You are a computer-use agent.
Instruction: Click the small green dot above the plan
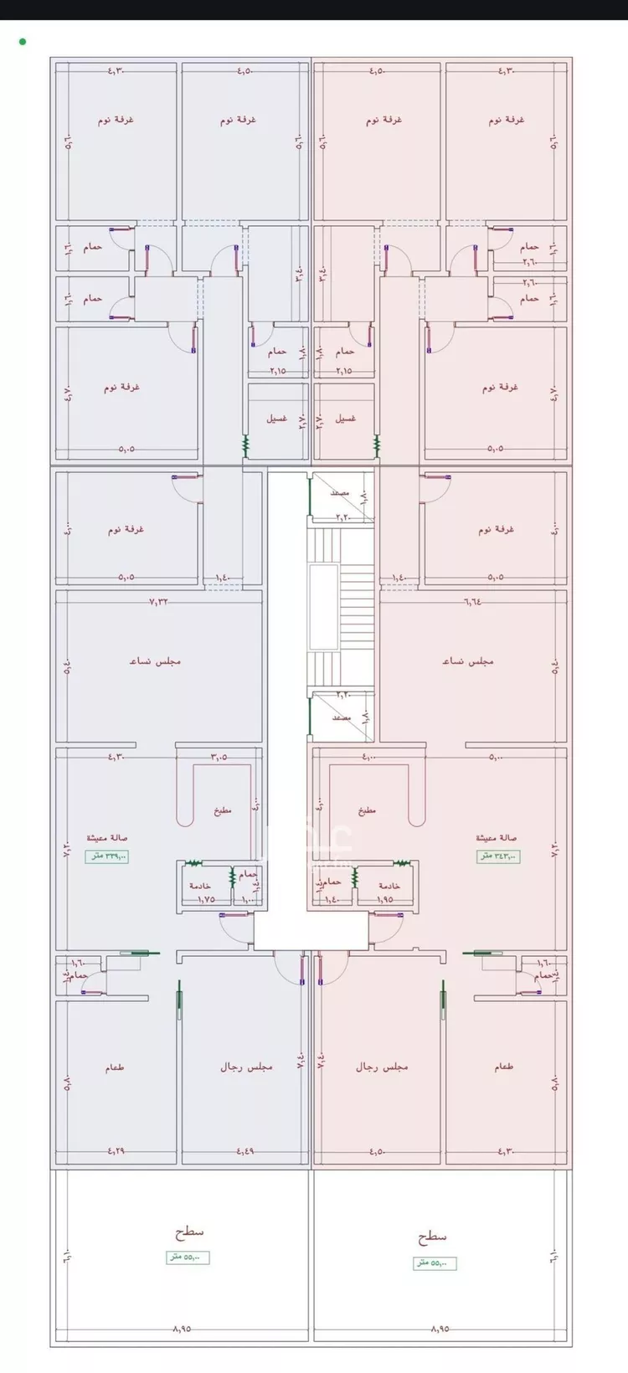22,41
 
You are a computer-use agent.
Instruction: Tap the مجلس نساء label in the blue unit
155,661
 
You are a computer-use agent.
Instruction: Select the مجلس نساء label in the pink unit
468,661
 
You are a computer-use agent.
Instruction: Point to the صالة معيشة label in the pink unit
497,837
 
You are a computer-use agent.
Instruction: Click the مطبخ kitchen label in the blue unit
222,810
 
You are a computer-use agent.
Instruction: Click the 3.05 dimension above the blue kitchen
219,757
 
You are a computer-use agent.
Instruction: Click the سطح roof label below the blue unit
189,1232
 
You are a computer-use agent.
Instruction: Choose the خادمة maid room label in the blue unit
199,886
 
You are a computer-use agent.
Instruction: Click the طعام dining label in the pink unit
504,1067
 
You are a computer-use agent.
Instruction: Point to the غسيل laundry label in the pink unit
345,418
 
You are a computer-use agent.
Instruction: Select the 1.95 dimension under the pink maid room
386,899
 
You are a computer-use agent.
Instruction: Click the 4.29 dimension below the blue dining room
116,1151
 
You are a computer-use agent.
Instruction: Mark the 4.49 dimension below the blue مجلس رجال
245,1151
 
